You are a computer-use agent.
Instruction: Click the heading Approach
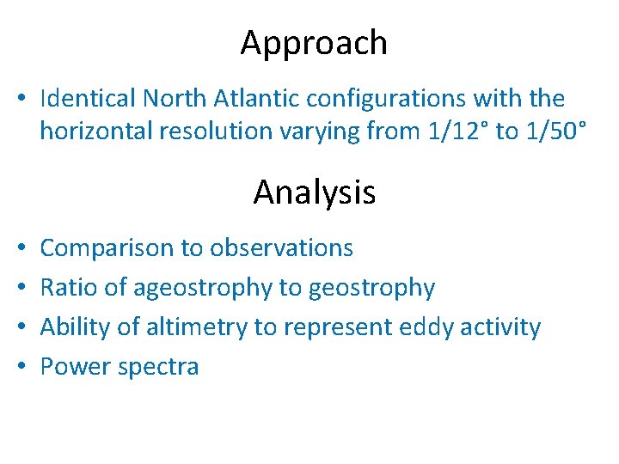coord(314,43)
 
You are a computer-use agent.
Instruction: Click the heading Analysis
coord(314,192)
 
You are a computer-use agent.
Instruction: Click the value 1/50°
coord(558,131)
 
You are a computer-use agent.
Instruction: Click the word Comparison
coord(107,248)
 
